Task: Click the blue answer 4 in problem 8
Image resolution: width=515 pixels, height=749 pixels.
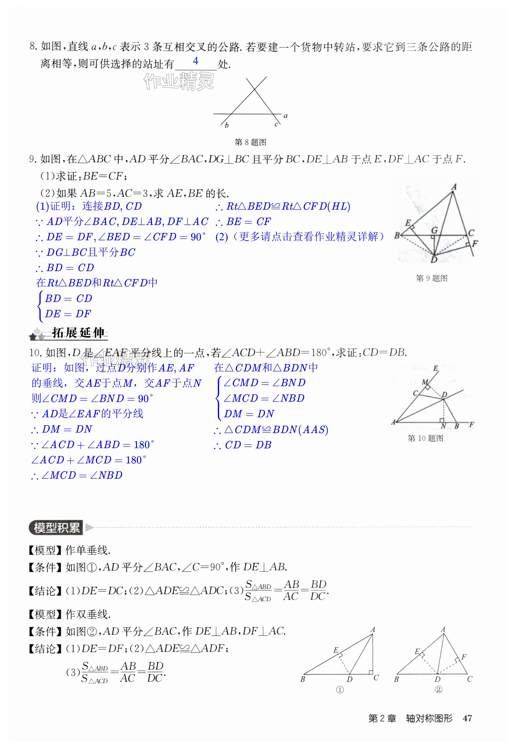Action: [195, 61]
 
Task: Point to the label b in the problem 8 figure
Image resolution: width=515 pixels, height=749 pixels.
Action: [227, 126]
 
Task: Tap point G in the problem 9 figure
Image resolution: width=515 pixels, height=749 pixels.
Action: [435, 230]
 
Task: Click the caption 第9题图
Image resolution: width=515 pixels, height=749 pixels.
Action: [431, 278]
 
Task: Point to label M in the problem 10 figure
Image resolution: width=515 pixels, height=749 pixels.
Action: [425, 382]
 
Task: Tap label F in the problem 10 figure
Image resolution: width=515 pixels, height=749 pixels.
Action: [472, 425]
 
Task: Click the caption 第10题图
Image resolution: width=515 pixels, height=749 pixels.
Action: [425, 438]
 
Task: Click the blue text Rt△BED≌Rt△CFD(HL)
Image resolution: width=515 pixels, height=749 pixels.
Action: [283, 206]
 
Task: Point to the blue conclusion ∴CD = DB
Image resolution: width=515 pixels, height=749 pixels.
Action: [243, 445]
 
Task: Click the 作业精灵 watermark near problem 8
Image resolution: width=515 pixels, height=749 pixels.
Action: [179, 81]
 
